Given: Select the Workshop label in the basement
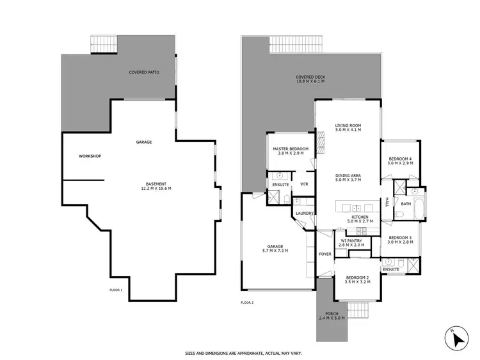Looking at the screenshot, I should coord(90,156).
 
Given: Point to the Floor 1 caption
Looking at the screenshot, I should coord(116,290).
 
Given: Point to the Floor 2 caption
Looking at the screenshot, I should coord(247,302).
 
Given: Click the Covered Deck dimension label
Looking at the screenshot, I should coord(310,79).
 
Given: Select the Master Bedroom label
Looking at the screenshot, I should coord(291,151).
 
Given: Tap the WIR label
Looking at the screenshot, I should coord(304,185).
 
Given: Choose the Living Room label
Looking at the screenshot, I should coord(348,127).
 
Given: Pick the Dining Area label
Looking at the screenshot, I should coord(348,178).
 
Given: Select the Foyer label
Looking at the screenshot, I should coord(325,254).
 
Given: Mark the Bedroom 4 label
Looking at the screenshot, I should coord(400,161).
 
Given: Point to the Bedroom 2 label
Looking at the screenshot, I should coord(357,279).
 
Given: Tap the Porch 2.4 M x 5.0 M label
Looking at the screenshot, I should coord(332,316).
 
